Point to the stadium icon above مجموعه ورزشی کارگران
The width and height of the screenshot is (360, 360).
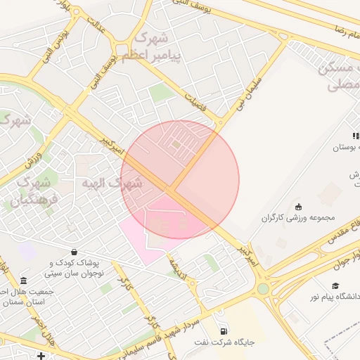tap(299, 207)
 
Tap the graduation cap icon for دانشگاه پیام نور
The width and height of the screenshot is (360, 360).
tap(335, 285)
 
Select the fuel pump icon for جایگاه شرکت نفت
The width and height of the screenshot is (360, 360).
tap(224, 330)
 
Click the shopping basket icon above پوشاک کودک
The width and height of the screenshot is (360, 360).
tap(74, 252)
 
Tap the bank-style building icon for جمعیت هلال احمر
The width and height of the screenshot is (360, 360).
tap(25, 281)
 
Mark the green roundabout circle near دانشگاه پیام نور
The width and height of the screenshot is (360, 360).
tap(263, 288)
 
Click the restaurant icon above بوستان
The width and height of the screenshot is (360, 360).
tap(356, 136)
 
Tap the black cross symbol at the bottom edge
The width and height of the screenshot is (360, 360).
tap(41, 356)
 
